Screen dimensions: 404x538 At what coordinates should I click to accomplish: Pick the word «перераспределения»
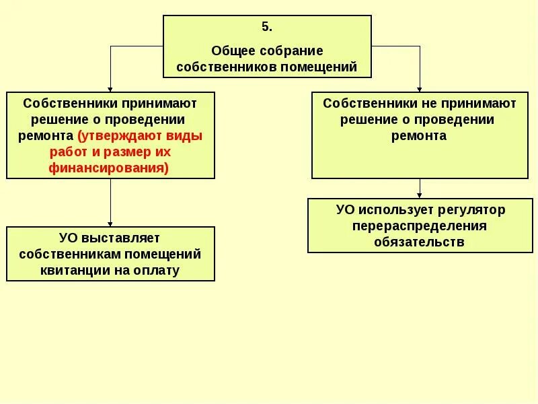coord(420,226)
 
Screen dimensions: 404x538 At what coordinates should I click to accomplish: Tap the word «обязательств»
coord(420,242)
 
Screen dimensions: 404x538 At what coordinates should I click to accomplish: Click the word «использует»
coord(394,209)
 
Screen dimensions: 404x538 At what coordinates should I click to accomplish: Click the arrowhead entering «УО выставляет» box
coord(110,224)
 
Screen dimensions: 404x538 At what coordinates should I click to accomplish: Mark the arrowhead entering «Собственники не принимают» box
coord(420,89)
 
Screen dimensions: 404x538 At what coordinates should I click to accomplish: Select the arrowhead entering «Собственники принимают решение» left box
coord(110,89)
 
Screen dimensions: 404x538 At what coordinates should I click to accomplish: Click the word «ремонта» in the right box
coord(420,135)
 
